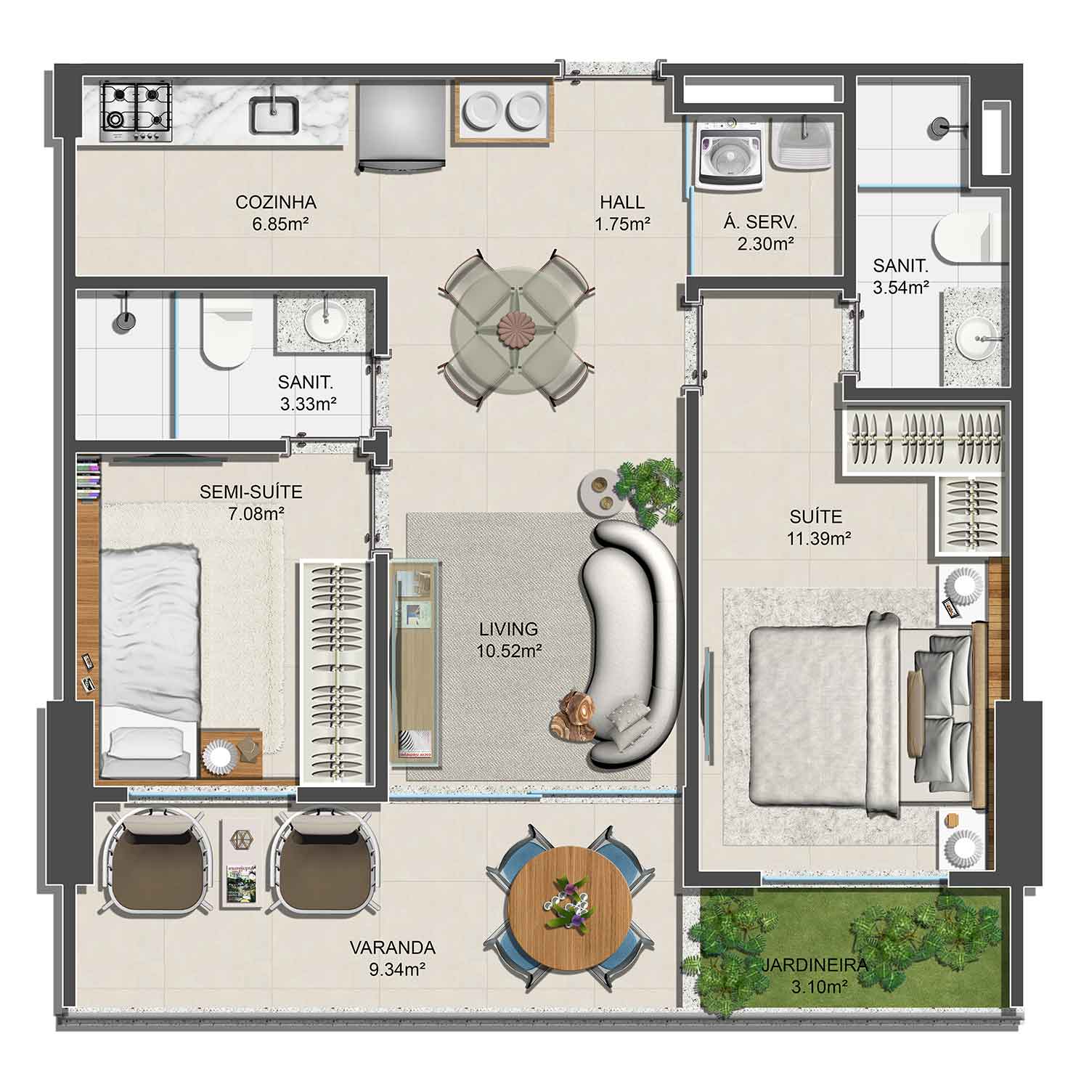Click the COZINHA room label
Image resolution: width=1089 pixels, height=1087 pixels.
[x=276, y=202]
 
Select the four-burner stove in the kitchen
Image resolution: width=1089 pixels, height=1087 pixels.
[x=136, y=113]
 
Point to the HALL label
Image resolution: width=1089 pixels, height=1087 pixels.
[x=622, y=202]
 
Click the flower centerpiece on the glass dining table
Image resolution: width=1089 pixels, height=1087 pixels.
[x=517, y=327]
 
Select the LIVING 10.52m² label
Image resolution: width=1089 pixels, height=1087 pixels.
[x=508, y=640]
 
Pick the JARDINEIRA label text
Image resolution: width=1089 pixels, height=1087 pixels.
[x=815, y=966]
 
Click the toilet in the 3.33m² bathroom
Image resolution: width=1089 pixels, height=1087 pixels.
[x=226, y=336]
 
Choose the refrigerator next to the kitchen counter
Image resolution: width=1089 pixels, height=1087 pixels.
[x=400, y=125]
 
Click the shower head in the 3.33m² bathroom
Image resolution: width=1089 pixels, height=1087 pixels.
[x=124, y=320]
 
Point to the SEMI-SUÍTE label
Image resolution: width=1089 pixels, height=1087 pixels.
[x=250, y=492]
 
